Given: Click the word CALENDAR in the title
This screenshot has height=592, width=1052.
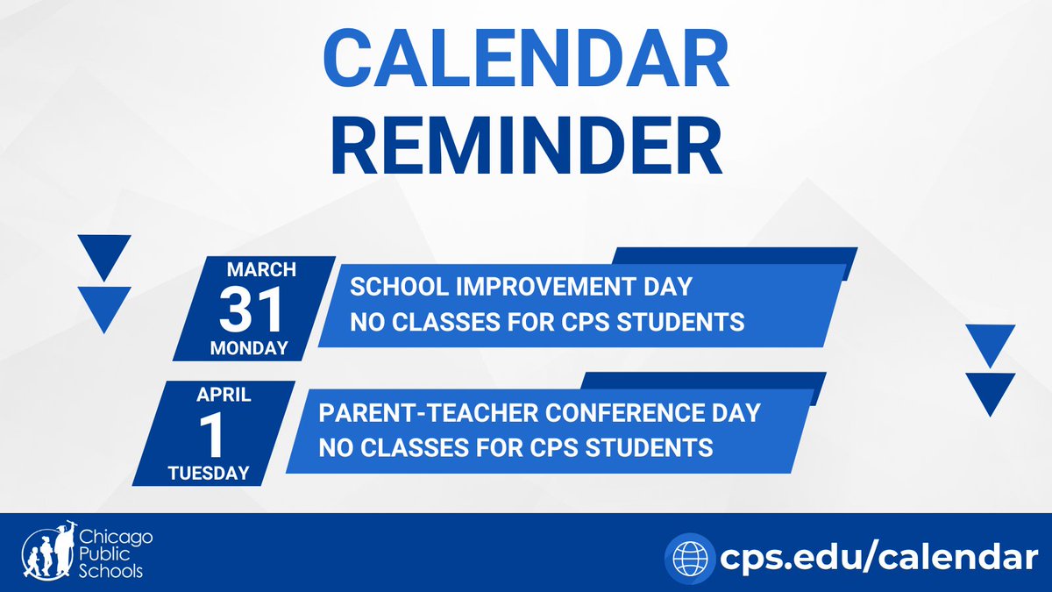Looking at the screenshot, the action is [526, 58].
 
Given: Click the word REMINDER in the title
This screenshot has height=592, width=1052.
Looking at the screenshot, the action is [527, 146].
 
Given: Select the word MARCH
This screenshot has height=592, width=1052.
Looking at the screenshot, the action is [261, 270].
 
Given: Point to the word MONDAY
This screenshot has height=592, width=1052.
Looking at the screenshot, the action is [249, 348].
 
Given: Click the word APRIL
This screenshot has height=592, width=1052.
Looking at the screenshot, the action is [224, 395].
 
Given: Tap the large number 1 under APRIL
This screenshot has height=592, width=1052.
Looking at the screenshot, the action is [211, 435].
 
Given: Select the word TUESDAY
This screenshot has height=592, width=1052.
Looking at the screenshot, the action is [209, 473].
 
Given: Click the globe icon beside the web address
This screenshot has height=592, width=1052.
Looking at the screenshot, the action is [690, 559].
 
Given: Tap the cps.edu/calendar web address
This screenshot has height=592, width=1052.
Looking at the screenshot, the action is [878, 558].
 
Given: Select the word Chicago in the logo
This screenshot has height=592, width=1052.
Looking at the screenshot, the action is [116, 539].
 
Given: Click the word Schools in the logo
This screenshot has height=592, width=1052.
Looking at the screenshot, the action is [110, 571].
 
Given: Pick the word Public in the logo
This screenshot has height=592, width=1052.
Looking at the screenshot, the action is [104, 554].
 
